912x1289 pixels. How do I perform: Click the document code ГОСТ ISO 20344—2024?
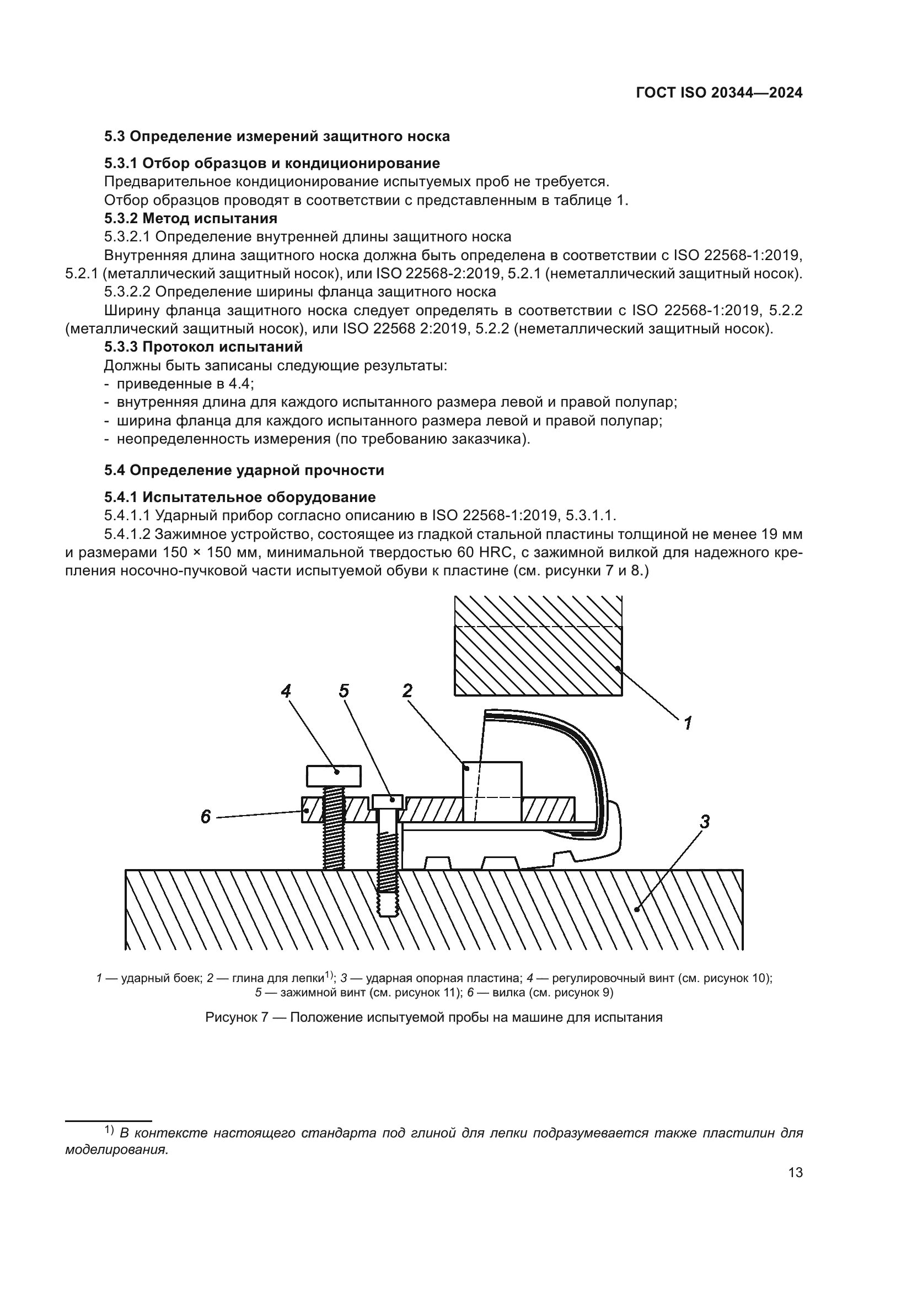(719, 93)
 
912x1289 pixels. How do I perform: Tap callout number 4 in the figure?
(286, 691)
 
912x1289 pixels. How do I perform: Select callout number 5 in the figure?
(344, 691)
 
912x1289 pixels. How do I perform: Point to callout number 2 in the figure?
(407, 691)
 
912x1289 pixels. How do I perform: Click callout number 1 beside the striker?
(688, 722)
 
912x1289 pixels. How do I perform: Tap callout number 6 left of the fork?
(206, 817)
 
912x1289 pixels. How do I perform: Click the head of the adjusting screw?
(334, 776)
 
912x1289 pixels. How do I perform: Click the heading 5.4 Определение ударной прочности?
(244, 470)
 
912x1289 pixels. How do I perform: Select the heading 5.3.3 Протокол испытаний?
(203, 347)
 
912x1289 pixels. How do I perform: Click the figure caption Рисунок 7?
(433, 1017)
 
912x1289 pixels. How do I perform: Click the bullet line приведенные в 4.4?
(185, 384)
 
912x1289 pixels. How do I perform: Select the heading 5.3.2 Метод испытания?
(191, 218)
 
